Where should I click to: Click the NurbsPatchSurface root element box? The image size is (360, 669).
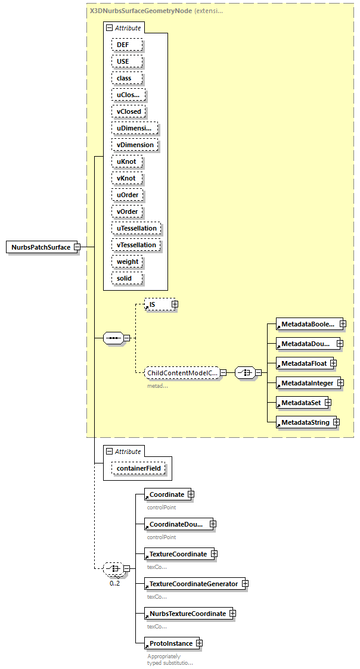41,247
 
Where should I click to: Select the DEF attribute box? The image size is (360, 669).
122,45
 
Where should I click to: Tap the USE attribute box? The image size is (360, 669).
122,61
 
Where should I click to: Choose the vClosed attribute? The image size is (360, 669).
129,111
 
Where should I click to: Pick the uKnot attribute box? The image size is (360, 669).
126,161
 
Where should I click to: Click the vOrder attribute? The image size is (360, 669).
128,211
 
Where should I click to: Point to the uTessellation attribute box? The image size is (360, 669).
136,228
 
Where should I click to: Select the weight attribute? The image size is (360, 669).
128,262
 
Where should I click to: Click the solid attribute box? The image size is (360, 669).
124,278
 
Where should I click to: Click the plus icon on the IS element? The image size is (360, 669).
175,304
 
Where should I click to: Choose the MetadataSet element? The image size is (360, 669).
300,403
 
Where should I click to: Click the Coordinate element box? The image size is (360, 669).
166,494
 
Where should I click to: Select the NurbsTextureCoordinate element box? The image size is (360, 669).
187,614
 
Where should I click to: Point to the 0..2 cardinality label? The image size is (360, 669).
114,583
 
